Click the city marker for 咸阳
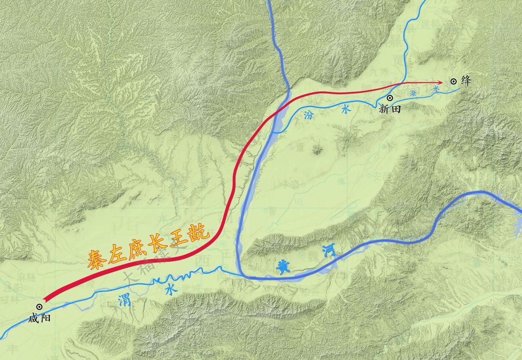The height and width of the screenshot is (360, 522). point(39,307)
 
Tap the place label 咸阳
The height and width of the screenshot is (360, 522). point(39,319)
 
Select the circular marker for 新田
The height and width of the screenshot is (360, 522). point(389,98)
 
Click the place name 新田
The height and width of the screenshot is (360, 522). point(390,109)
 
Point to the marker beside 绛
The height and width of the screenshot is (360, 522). point(453,81)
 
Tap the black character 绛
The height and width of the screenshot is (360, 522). point(466,81)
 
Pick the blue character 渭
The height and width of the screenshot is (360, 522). point(124,300)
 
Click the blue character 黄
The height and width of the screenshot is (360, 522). point(284,267)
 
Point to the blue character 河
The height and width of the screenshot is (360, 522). point(329,252)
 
